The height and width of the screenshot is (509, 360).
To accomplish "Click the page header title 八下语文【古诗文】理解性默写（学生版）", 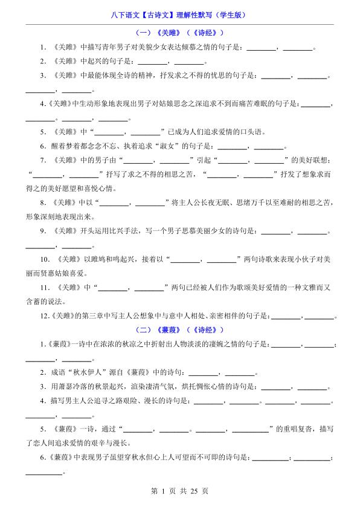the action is tap(179, 15).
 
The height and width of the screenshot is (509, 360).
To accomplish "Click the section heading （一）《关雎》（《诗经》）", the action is tap(179, 33).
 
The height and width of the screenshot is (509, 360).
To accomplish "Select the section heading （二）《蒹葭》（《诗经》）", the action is tap(179, 329).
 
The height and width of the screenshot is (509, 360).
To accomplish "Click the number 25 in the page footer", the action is tap(194, 491).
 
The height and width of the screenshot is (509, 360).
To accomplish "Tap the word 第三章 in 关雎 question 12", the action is tap(88, 316).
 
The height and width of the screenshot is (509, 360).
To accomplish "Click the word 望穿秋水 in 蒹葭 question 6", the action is tap(127, 458).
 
